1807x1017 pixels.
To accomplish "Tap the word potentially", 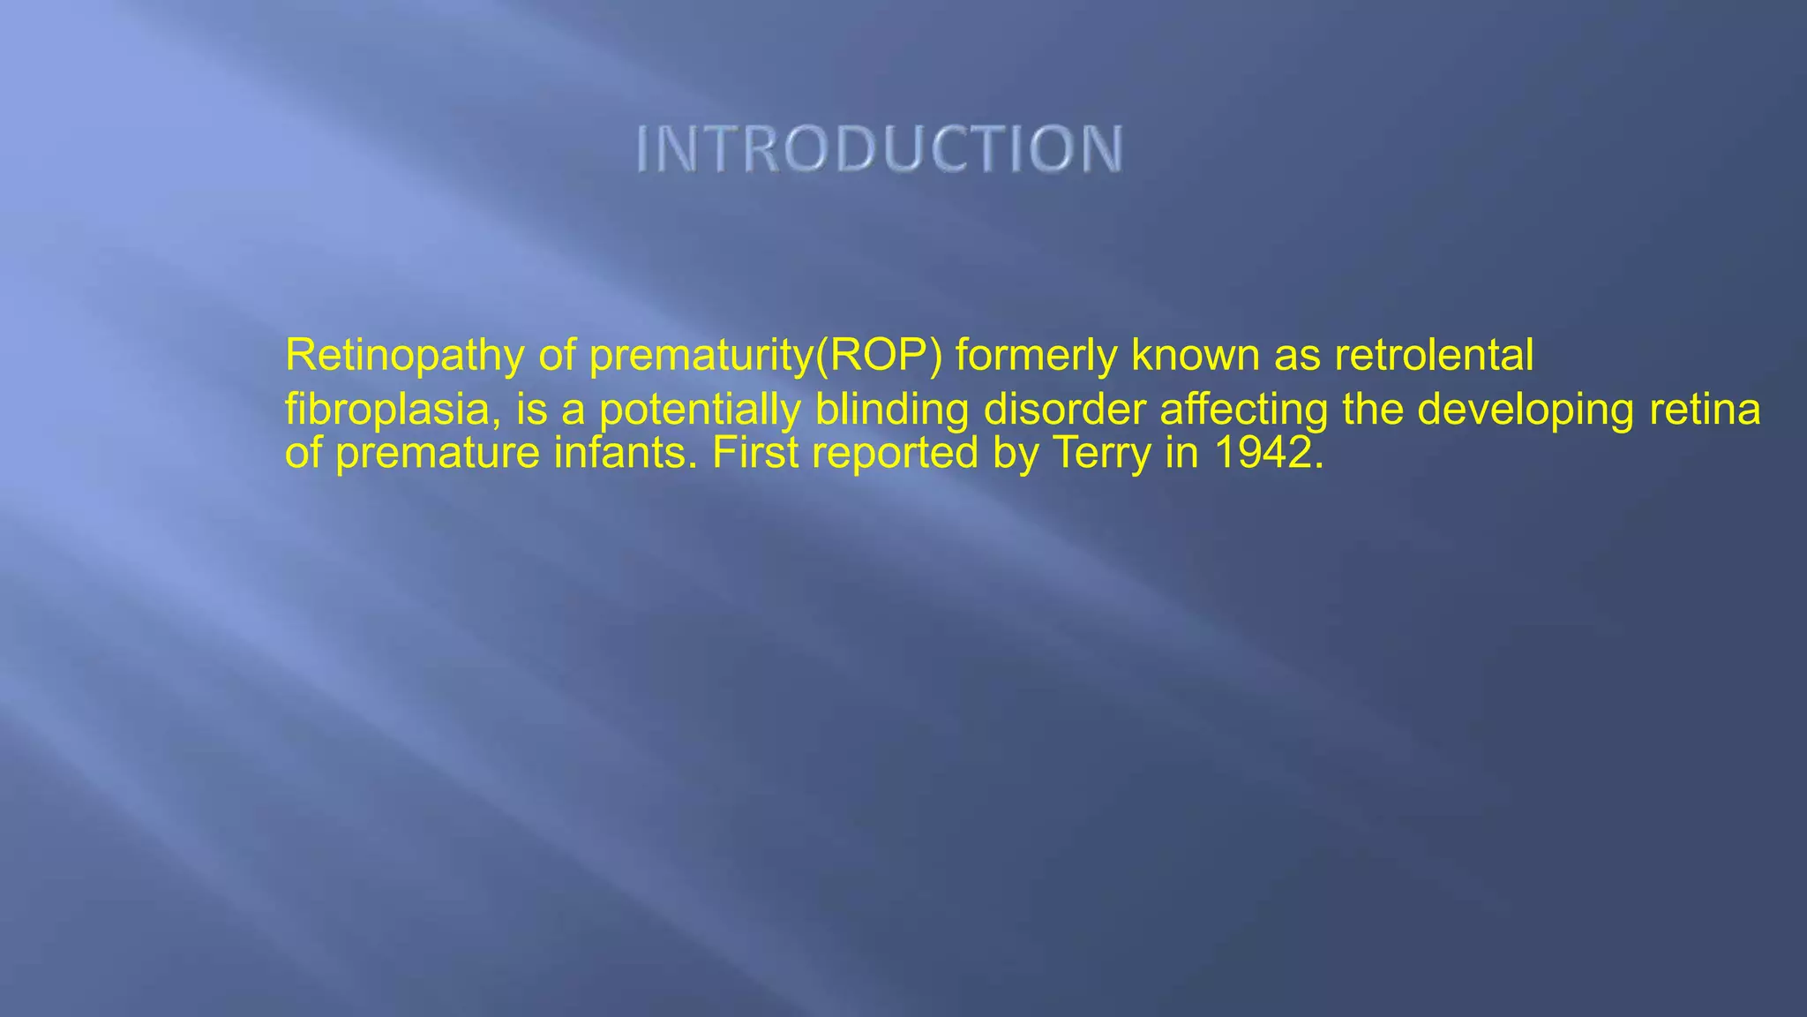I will click(700, 410).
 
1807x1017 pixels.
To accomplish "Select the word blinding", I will click(892, 410).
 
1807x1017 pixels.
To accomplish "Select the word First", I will click(754, 452).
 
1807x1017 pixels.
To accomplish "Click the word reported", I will click(895, 454).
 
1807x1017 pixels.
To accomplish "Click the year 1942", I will click(1269, 452).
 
